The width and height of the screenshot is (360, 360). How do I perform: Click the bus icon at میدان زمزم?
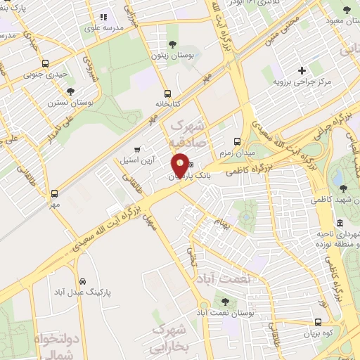click(238, 141)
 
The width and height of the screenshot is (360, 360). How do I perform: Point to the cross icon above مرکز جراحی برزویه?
click(302, 70)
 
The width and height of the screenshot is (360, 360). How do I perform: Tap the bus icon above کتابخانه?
click(167, 94)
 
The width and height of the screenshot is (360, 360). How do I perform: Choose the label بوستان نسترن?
click(71, 102)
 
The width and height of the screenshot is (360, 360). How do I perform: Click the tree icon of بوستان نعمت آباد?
click(225, 301)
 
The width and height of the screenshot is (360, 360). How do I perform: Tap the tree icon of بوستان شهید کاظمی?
click(343, 188)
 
